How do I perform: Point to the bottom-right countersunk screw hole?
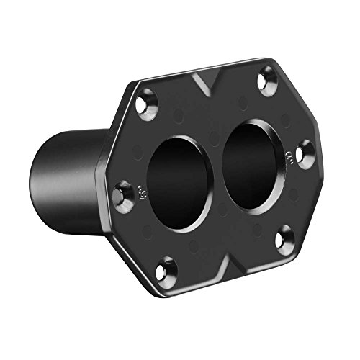pyautogui.click(x=284, y=236)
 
